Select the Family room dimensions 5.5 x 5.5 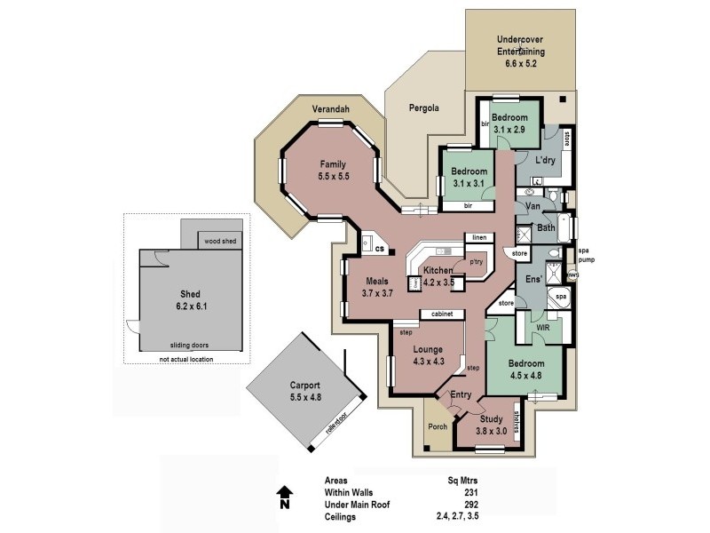[333, 177]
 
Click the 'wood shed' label [221, 241]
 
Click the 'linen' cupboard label [479, 238]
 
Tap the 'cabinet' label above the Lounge [443, 314]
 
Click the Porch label [438, 426]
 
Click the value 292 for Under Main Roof [471, 504]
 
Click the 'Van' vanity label [533, 206]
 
